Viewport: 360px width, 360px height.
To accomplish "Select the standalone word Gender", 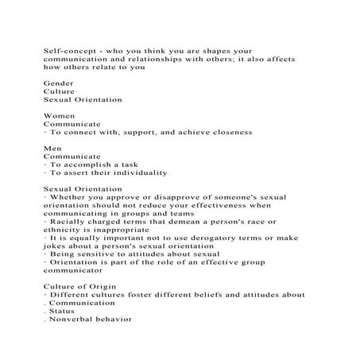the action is [58, 83].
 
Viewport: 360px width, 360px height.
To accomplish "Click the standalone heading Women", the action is [59, 116].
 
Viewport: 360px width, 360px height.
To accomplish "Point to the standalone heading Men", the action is [52, 149].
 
